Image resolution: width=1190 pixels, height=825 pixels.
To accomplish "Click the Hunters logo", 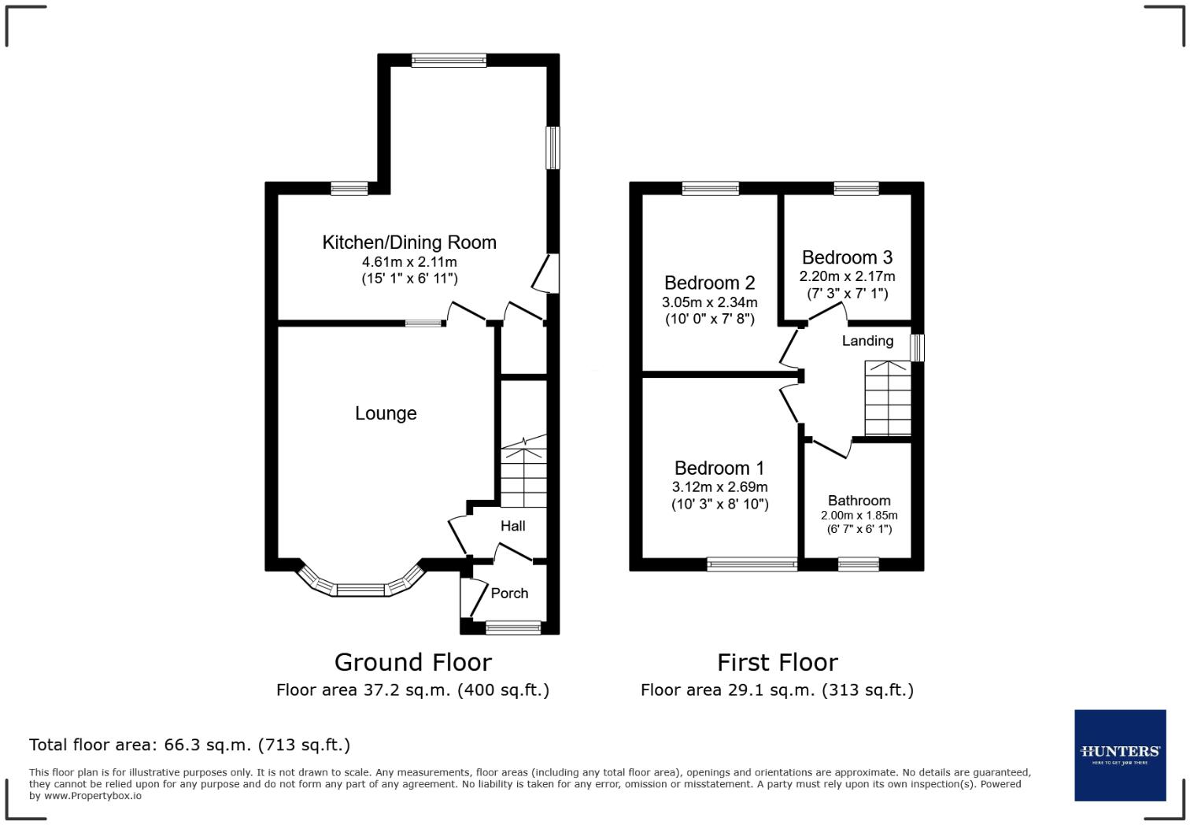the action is pyautogui.click(x=1120, y=755).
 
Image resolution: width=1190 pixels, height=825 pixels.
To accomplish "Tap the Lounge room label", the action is pyautogui.click(x=386, y=413).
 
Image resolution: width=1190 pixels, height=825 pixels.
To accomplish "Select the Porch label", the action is pyautogui.click(x=509, y=594).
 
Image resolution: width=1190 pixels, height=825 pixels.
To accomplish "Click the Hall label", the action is pyautogui.click(x=512, y=526).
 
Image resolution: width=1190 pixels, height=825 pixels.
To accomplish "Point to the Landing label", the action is pyautogui.click(x=867, y=341).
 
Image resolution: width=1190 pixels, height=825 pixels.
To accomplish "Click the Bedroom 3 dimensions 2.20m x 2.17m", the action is pyautogui.click(x=848, y=276).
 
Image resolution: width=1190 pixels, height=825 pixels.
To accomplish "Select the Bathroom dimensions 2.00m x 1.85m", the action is pyautogui.click(x=859, y=516).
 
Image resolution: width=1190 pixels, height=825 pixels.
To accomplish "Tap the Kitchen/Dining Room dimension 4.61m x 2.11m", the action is pyautogui.click(x=409, y=262).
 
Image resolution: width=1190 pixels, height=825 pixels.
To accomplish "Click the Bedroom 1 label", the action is pyautogui.click(x=719, y=468).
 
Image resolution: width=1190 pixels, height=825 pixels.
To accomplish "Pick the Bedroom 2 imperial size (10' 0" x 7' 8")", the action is pyautogui.click(x=710, y=319).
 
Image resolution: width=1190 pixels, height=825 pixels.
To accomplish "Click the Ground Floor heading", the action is pyautogui.click(x=412, y=663).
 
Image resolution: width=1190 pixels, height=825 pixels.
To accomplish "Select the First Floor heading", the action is pyautogui.click(x=778, y=663).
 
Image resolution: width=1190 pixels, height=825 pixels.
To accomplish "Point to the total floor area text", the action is pyautogui.click(x=190, y=745).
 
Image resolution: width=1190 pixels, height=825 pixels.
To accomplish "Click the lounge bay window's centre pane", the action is pyautogui.click(x=360, y=590).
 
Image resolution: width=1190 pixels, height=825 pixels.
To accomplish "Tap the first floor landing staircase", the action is pyautogui.click(x=888, y=398).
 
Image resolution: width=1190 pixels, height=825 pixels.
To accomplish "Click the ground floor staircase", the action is pyautogui.click(x=524, y=471).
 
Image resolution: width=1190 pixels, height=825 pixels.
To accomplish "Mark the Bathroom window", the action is pyautogui.click(x=859, y=564).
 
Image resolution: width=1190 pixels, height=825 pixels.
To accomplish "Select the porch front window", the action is pyautogui.click(x=513, y=628).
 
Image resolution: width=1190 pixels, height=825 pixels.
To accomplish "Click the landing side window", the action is pyautogui.click(x=918, y=348).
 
